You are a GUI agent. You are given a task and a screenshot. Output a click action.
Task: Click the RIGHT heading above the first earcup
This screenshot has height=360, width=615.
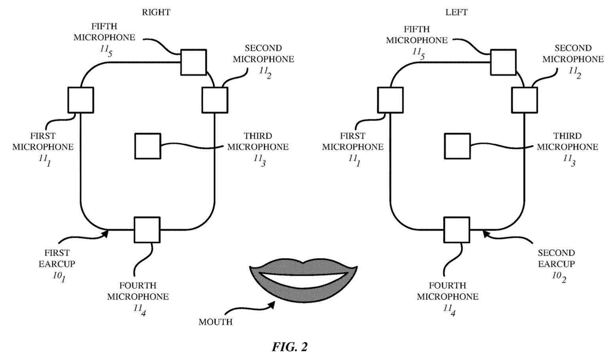pos(156,12)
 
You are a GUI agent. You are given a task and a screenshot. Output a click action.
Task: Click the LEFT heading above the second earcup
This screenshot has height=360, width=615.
pos(456,12)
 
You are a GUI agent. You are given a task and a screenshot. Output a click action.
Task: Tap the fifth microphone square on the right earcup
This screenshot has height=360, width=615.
pos(194,62)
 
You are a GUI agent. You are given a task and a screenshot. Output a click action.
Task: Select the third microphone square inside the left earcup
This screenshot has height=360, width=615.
pos(457,146)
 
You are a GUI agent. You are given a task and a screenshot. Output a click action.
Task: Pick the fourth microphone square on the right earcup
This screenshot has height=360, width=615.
pos(147,229)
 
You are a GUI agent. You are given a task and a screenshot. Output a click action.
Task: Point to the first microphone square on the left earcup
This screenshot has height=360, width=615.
pos(390,100)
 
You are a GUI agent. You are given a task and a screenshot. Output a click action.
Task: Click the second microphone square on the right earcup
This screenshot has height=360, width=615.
pos(215,100)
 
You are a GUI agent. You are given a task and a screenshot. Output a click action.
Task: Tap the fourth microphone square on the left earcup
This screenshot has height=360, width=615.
pos(457,229)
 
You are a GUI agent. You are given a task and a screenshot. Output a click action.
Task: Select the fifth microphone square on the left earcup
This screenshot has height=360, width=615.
pos(503,62)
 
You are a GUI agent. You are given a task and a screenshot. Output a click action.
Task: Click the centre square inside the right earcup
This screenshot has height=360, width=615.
pos(148,146)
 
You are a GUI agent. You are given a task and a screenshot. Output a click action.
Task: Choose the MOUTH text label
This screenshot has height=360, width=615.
pos(215,322)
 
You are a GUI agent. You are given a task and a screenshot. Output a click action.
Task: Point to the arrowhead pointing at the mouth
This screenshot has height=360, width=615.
pos(272,304)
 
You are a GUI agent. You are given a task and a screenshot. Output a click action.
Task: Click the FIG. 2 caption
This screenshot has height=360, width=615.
pos(289,347)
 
